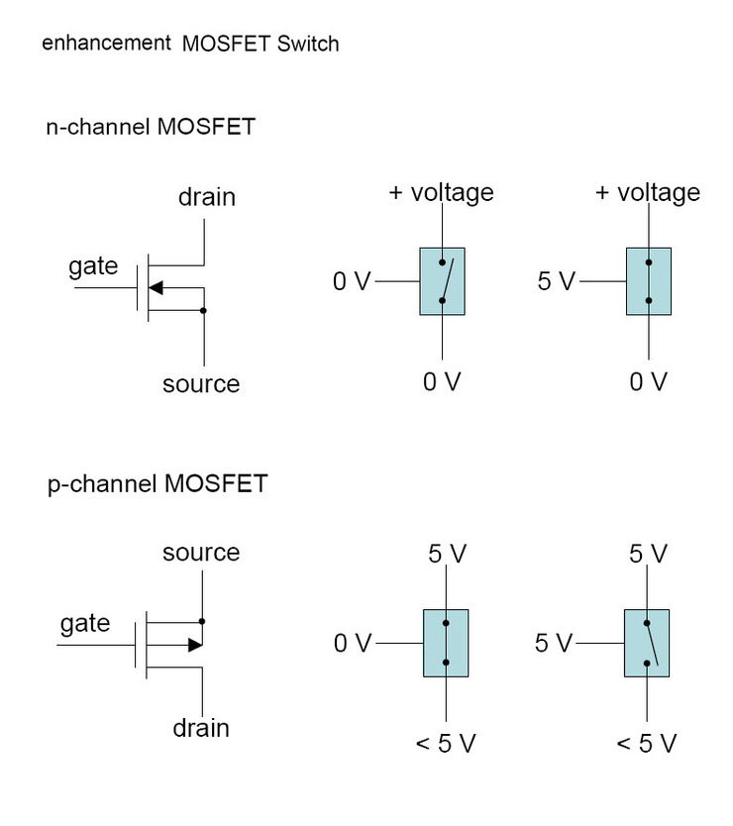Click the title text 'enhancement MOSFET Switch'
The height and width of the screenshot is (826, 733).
tap(190, 45)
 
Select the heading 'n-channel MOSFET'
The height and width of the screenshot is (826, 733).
tap(150, 127)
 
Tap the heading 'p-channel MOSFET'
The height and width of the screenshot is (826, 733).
tap(157, 484)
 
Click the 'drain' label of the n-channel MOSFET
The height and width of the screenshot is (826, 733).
tap(207, 196)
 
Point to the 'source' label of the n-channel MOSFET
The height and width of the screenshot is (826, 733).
tap(201, 383)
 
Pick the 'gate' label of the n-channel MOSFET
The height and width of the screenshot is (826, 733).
tap(93, 265)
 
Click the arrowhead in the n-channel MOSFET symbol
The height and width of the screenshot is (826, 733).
tap(156, 288)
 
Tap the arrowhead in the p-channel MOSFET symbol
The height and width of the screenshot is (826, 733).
tap(195, 645)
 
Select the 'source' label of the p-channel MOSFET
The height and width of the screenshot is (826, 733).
tap(201, 552)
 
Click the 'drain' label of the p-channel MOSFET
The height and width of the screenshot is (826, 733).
tap(201, 728)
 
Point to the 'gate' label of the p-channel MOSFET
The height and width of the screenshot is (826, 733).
tap(85, 623)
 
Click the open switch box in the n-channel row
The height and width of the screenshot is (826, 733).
tap(442, 281)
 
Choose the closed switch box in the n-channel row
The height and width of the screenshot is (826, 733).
tap(649, 281)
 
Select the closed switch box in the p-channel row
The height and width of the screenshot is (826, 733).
tap(446, 643)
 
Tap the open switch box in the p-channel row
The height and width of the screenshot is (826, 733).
tap(647, 643)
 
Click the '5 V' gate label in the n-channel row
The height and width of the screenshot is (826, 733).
tap(556, 281)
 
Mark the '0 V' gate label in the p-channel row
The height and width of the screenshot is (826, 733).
tap(352, 644)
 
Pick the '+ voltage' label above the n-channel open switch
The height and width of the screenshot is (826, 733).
tap(441, 191)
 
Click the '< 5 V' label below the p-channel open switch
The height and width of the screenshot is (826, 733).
tap(647, 743)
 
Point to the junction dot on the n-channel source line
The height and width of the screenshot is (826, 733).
tap(203, 310)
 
